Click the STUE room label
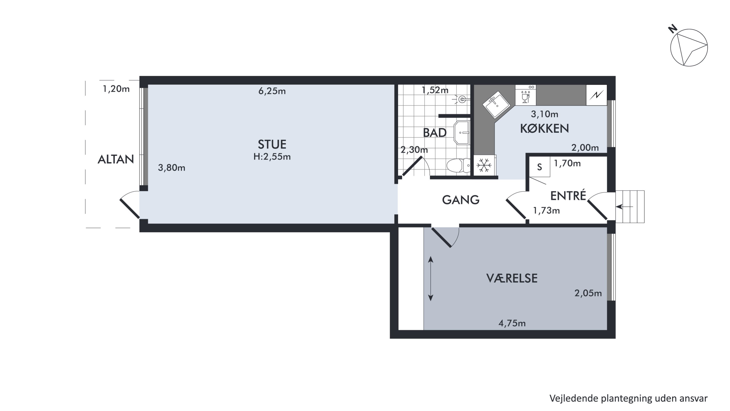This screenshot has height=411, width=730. click(272, 144)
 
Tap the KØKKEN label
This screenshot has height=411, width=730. click(544, 128)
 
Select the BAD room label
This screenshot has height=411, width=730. click(435, 133)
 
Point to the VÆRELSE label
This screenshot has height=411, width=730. click(512, 278)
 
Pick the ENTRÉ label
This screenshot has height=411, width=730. click(568, 195)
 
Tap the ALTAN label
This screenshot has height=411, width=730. click(116, 159)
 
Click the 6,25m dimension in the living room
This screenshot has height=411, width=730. click(272, 91)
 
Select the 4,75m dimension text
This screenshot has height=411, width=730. click(512, 323)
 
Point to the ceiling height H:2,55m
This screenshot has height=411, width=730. click(272, 157)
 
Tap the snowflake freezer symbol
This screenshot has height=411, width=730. click(484, 165)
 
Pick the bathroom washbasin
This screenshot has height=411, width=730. click(462, 133)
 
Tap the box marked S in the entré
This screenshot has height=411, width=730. click(539, 167)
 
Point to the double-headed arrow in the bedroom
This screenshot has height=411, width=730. click(430, 278)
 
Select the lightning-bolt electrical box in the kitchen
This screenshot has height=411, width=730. click(596, 95)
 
